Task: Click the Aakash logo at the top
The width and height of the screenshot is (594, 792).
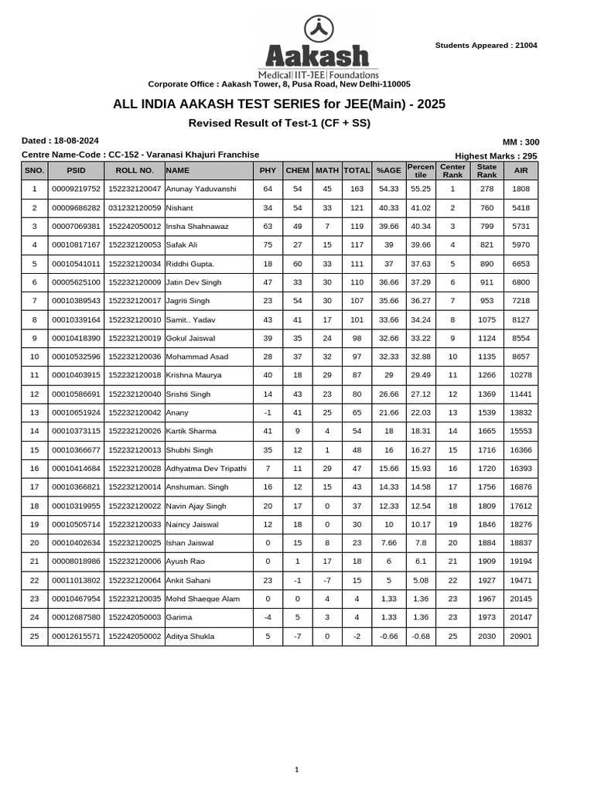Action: tap(318, 47)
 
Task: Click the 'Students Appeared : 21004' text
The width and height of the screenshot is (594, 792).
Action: tap(486, 46)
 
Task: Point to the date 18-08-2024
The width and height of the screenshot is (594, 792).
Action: tap(75, 141)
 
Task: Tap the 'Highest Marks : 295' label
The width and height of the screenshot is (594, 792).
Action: tap(496, 155)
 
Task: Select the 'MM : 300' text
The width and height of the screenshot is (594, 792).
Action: tap(521, 142)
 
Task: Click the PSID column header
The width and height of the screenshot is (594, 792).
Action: tap(76, 170)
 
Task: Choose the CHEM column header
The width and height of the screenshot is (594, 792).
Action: tap(297, 170)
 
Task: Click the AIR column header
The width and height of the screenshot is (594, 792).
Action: tap(521, 170)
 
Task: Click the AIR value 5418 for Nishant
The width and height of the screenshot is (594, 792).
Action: tap(521, 208)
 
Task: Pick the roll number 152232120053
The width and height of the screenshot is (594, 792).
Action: tap(135, 245)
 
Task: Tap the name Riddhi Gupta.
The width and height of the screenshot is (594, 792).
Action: tap(185, 264)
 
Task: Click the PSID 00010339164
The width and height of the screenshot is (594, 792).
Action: tap(76, 319)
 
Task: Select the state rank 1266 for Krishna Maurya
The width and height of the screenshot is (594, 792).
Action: tap(486, 375)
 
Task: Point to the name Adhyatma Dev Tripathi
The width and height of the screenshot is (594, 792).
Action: tap(206, 469)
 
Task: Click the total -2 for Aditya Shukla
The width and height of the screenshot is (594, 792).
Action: tap(357, 637)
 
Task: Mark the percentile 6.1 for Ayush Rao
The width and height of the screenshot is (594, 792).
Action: tap(420, 562)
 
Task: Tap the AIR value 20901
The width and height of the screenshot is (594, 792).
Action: tap(521, 637)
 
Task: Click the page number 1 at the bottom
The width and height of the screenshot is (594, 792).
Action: tap(296, 770)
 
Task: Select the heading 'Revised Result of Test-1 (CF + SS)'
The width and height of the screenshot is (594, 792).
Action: tap(279, 123)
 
